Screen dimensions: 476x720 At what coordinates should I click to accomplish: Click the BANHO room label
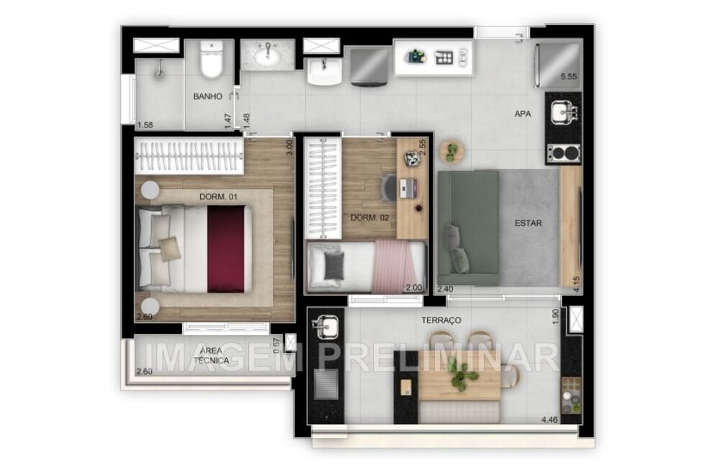tap(207, 96)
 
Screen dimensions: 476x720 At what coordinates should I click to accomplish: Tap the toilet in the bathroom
tap(212, 60)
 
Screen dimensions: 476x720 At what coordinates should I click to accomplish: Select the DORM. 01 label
tap(219, 196)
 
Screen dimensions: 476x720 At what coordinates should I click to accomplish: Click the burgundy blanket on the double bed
tap(226, 248)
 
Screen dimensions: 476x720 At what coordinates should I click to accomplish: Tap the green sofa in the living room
tap(468, 228)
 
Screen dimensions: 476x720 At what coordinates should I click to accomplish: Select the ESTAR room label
tap(528, 223)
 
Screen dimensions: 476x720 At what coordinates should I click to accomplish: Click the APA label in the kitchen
tap(523, 114)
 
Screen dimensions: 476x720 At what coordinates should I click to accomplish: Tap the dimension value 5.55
tap(569, 76)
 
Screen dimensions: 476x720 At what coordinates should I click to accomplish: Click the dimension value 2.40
tap(446, 289)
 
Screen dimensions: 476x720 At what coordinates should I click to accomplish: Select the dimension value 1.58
tap(145, 125)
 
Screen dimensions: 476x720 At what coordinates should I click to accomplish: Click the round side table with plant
tap(451, 151)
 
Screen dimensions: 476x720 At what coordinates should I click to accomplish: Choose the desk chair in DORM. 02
tap(388, 188)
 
